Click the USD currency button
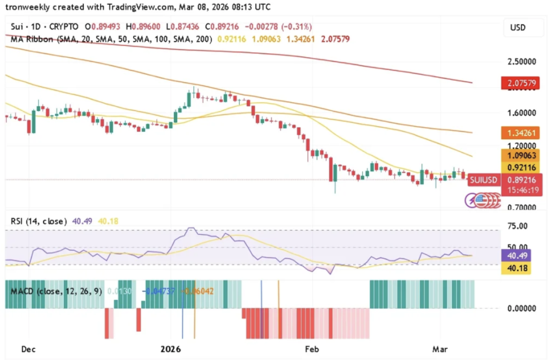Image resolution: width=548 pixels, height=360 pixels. [x=518, y=27]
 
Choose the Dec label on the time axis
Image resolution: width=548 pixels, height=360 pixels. [x=28, y=349]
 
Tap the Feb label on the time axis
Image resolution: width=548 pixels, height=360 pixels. [x=311, y=349]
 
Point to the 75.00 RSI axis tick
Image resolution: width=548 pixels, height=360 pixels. [x=517, y=226]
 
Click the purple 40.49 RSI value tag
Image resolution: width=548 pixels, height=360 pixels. [x=516, y=256]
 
